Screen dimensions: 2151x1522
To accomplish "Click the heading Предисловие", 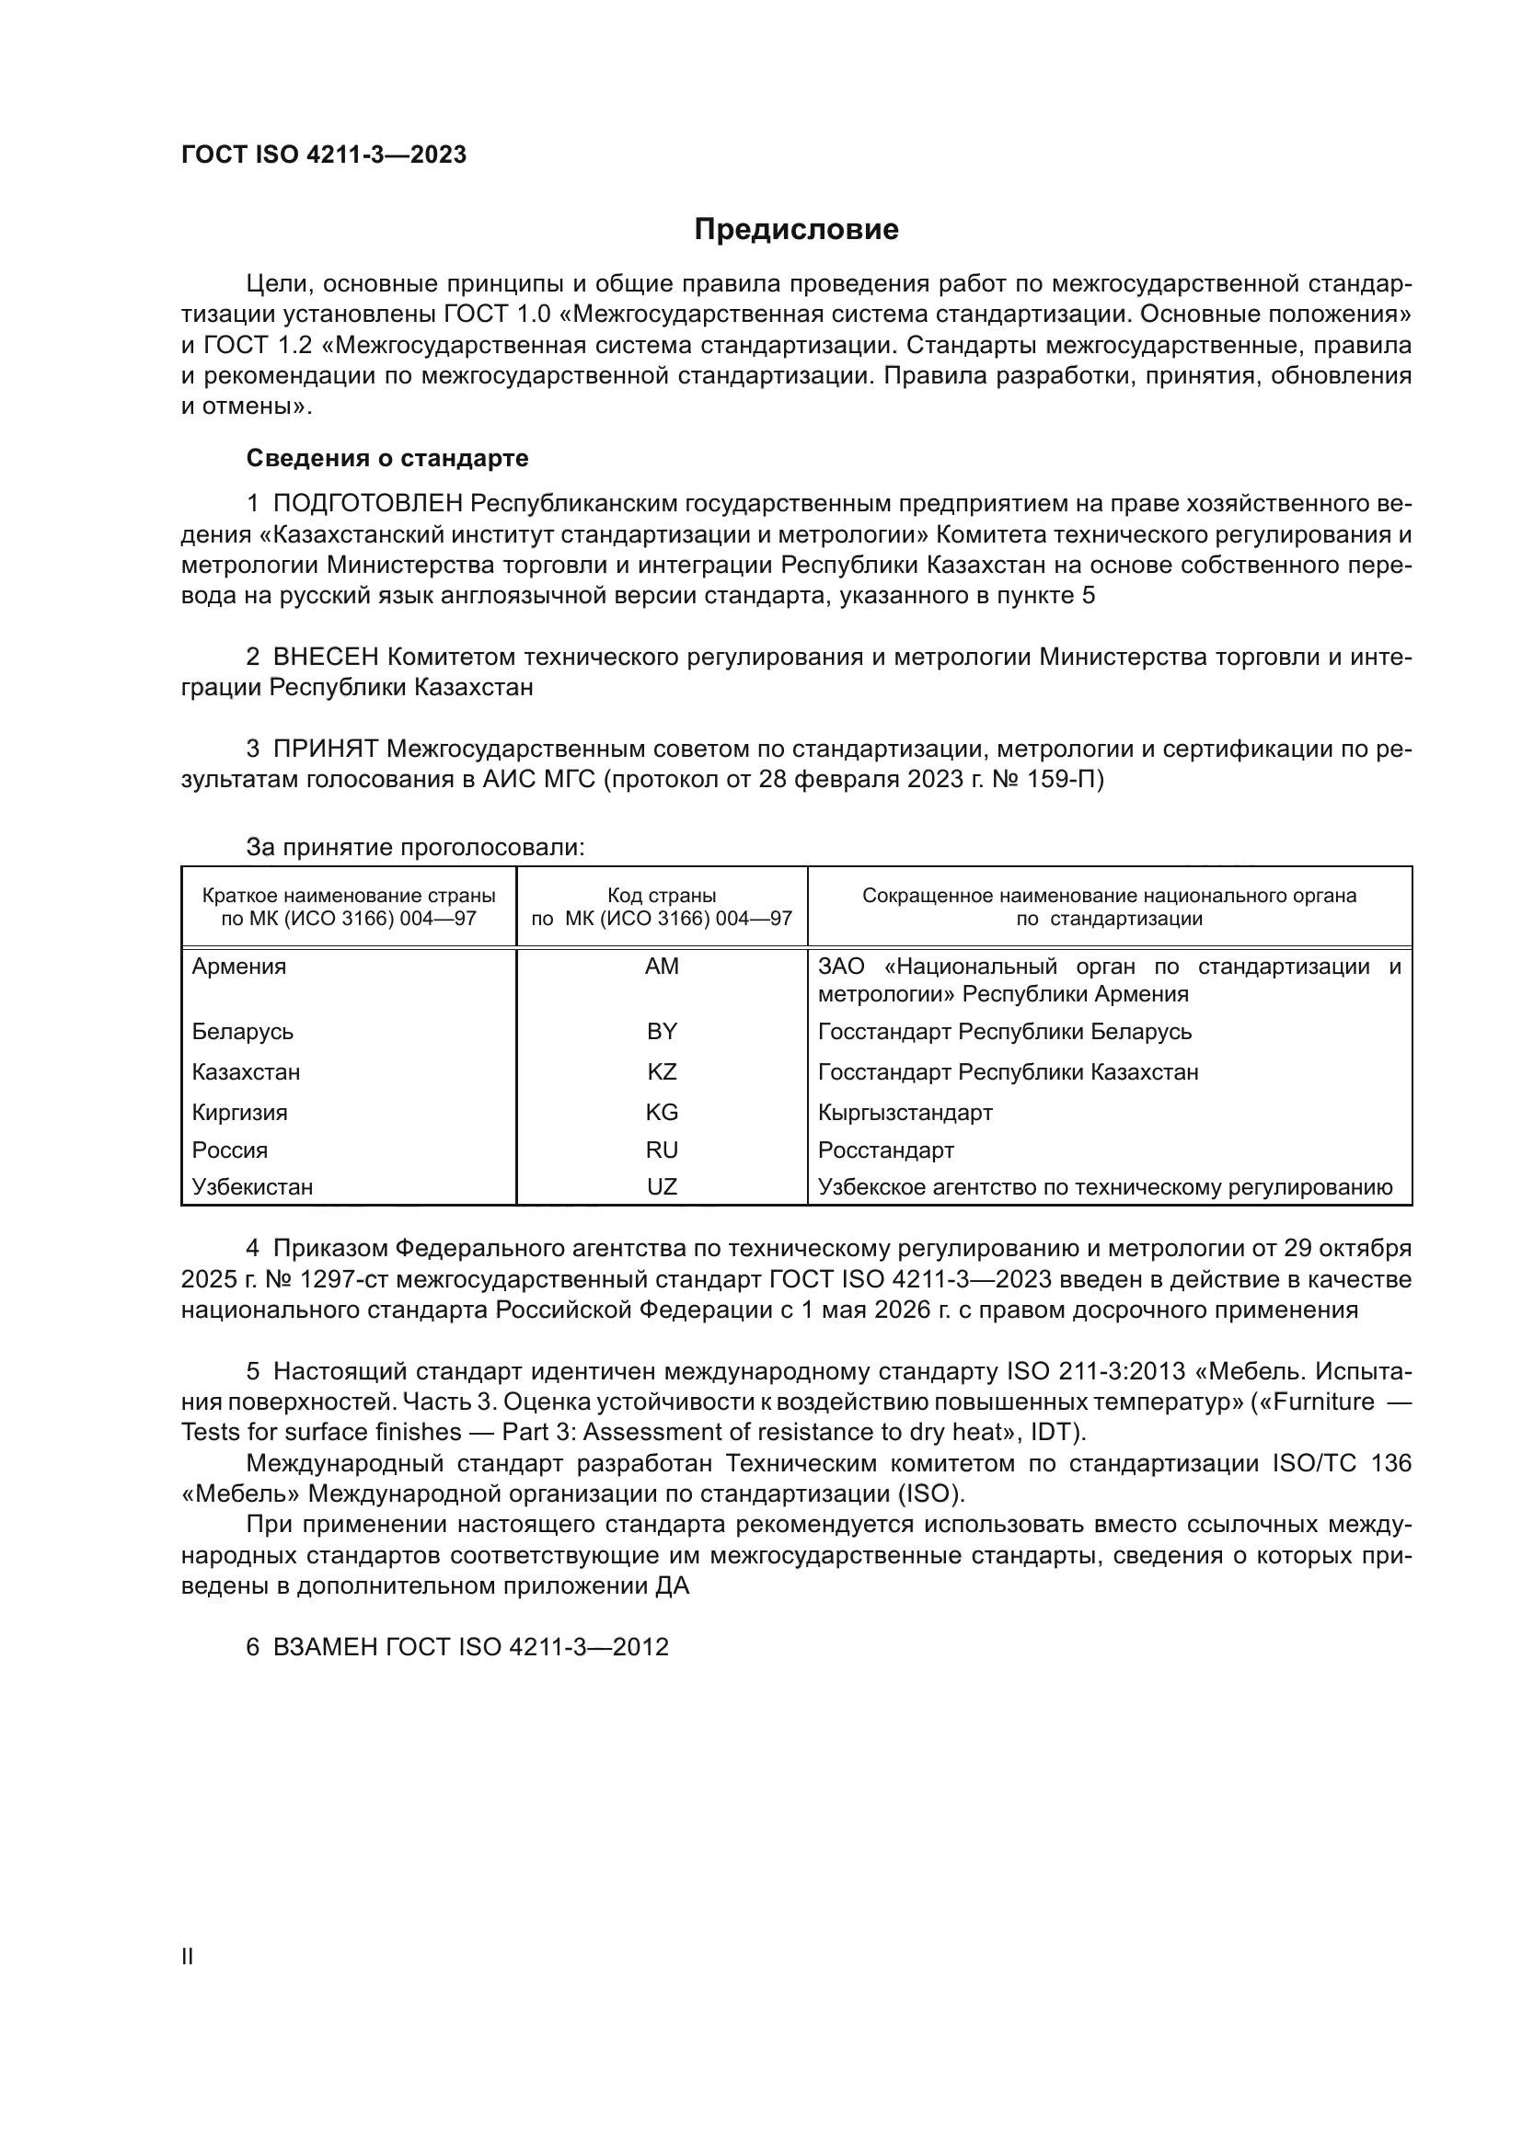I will coord(796,230).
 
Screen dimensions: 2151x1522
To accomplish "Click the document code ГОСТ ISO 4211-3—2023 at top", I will coord(323,155).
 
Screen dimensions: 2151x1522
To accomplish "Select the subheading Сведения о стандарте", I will coord(387,458).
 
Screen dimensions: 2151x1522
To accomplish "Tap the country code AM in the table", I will coord(662,966).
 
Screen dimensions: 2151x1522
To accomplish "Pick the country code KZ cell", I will coord(662,1071).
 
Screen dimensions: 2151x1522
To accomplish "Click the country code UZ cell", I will coord(662,1187).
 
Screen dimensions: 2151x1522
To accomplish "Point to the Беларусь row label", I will coord(243,1032).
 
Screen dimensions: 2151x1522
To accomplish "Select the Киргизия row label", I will coord(240,1113).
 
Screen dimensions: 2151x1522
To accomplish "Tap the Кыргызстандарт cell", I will coord(905,1113).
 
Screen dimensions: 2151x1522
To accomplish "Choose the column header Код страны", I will coord(662,896).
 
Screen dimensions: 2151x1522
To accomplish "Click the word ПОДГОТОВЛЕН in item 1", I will coord(367,504).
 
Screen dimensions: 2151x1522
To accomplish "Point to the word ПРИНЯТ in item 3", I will coord(325,749).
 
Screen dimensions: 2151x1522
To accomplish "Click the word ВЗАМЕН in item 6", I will coord(324,1647).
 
